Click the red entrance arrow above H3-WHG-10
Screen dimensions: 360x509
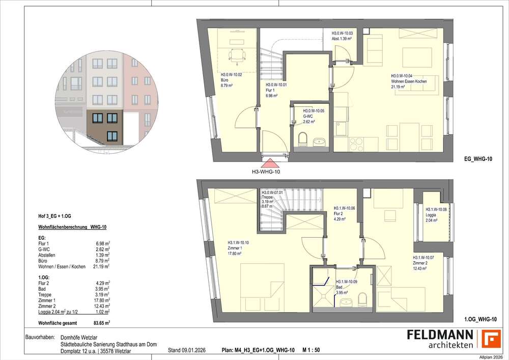click(x=269, y=163)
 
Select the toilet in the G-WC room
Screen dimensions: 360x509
click(x=303, y=139)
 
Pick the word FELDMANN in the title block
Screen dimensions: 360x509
click(x=440, y=335)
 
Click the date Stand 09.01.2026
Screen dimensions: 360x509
click(x=187, y=350)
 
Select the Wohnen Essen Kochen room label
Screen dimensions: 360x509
click(x=408, y=81)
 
